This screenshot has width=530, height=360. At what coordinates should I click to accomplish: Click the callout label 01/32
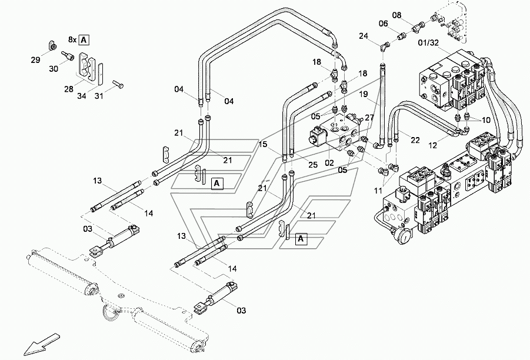pyautogui.click(x=429, y=42)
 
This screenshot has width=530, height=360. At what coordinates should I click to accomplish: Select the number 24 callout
pyautogui.click(x=364, y=36)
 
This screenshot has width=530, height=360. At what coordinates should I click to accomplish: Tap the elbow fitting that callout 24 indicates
pyautogui.click(x=384, y=46)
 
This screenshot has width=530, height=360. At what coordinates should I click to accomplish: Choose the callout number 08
pyautogui.click(x=414, y=15)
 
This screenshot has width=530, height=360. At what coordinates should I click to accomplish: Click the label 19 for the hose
pyautogui.click(x=362, y=94)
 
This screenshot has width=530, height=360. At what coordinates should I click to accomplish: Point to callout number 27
pyautogui.click(x=369, y=118)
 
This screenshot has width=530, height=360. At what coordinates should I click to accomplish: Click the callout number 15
pyautogui.click(x=262, y=144)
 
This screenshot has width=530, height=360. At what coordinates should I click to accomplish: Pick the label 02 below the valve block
pyautogui.click(x=329, y=162)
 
